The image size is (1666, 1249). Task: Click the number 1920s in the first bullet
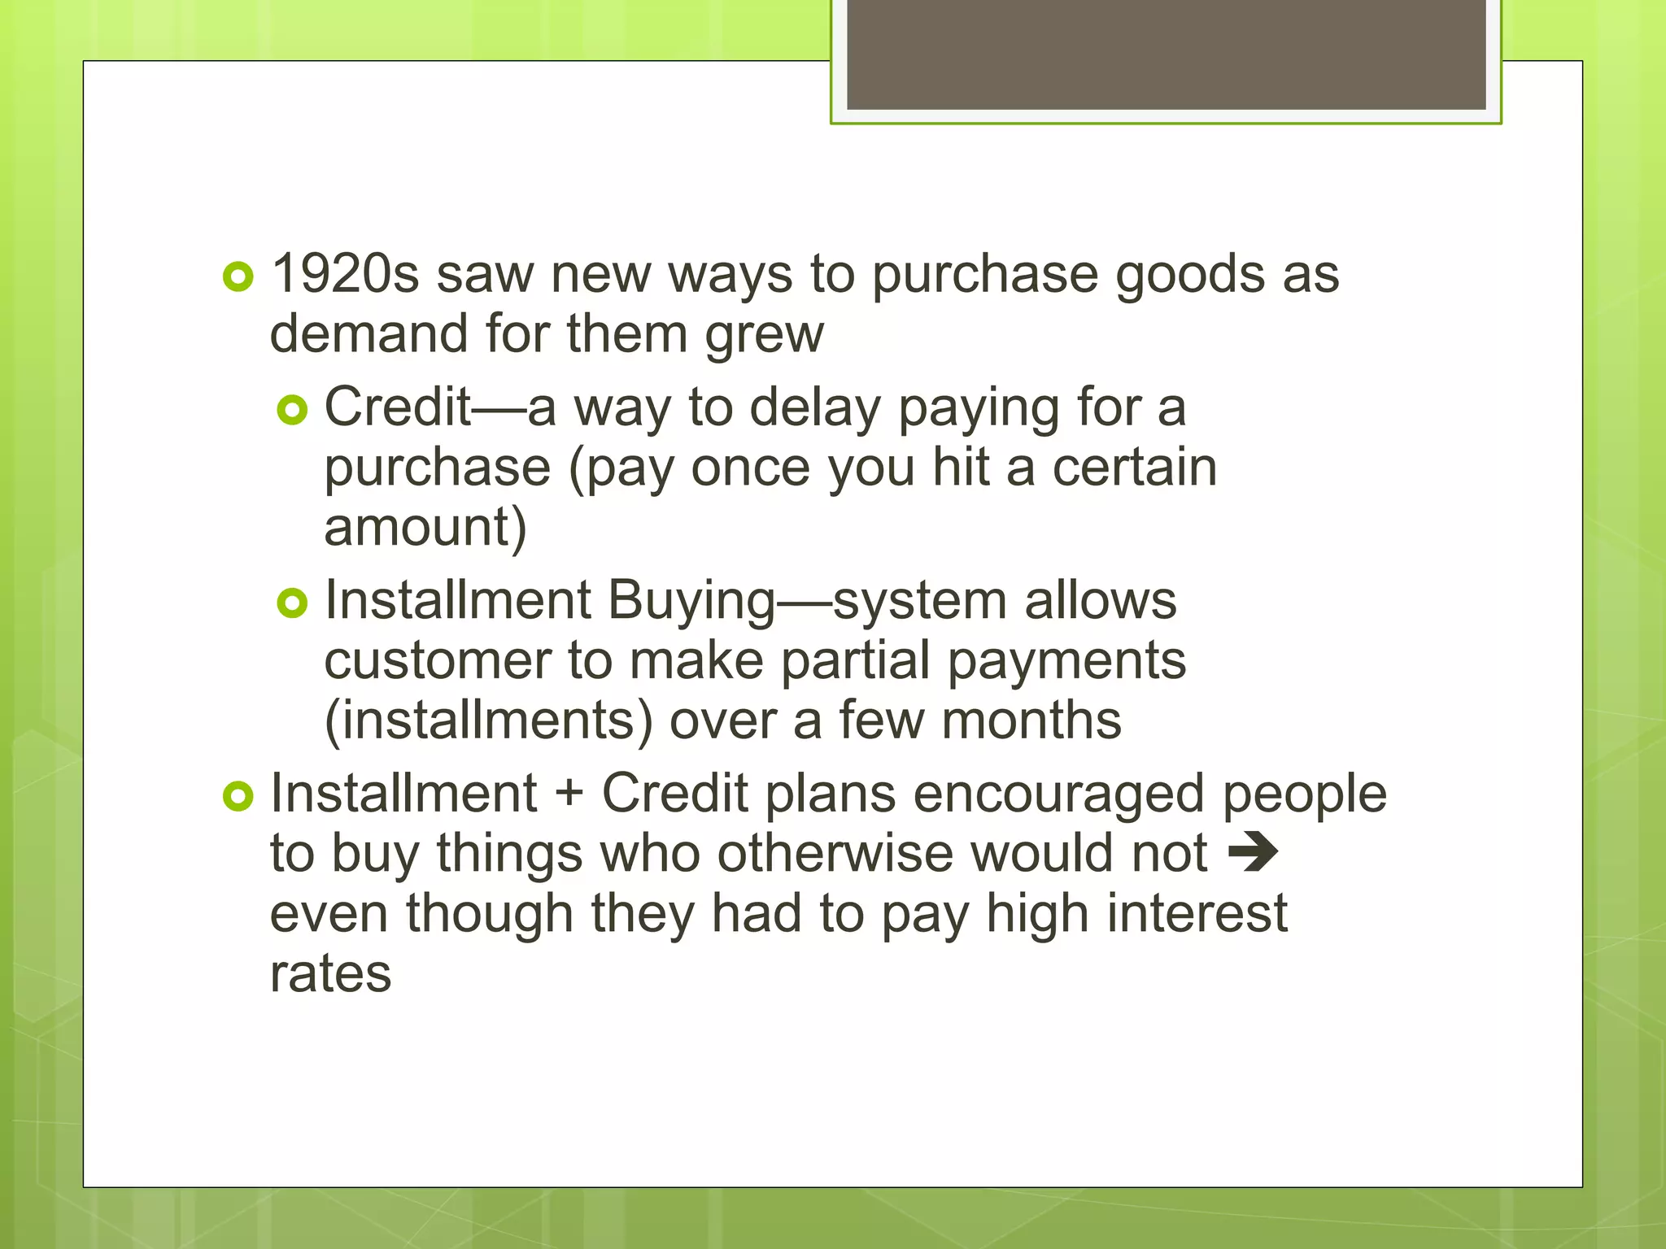click(x=345, y=274)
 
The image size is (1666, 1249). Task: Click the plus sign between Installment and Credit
click(x=569, y=794)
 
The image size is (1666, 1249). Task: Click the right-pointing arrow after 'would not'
click(x=1253, y=853)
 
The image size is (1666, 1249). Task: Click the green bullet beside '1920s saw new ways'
click(x=238, y=277)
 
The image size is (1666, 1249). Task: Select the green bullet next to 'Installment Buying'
click(x=292, y=603)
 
